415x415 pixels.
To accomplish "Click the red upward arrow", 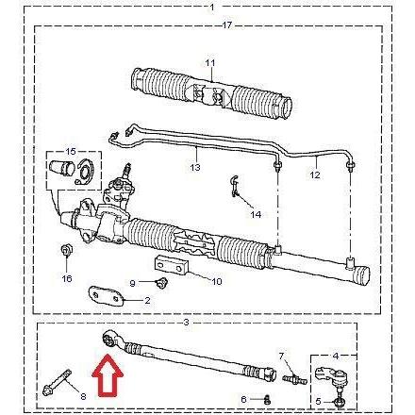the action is tap(108, 375).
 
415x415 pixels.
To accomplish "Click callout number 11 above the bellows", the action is tap(210, 63).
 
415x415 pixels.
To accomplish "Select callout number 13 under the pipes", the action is tap(195, 167).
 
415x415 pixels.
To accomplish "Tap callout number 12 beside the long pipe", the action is tap(315, 174).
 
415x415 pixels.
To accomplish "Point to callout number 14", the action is tap(256, 215).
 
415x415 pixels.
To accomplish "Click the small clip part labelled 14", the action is tap(234, 187).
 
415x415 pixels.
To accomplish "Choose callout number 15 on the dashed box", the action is tap(71, 152).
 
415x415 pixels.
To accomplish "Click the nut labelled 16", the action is tap(66, 250).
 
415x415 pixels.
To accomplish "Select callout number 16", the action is tap(67, 278).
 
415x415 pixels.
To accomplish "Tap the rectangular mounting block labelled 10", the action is tap(171, 265).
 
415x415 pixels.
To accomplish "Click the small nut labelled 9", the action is tap(162, 283).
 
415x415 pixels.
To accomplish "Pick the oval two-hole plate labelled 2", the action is tap(106, 296).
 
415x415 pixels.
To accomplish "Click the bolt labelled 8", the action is tap(57, 382).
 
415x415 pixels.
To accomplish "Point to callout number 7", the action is tap(281, 357).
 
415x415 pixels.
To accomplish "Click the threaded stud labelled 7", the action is tap(294, 378).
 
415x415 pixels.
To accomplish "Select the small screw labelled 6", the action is tap(267, 399).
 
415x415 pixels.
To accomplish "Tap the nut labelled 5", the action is tap(340, 402).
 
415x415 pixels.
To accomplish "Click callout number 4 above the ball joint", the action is tap(336, 357).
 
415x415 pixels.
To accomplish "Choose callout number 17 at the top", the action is tap(227, 25).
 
